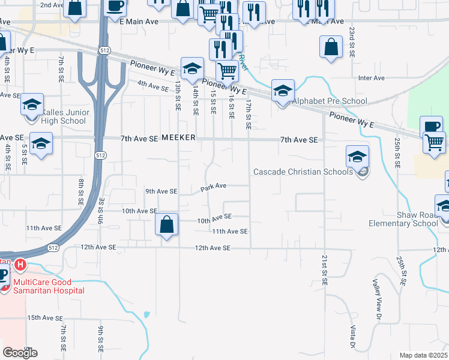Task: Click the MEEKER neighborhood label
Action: pos(178,137)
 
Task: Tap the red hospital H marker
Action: pos(20,264)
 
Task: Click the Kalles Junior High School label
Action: pos(65,116)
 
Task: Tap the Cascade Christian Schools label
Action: pos(303,172)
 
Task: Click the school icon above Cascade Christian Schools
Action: pos(357,157)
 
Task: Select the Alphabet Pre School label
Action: pos(329,101)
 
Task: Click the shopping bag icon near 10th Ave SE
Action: pos(166,225)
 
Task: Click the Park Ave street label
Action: pos(213,187)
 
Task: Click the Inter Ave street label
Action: pos(371,78)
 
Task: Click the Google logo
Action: pos(20,353)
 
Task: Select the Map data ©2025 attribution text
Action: pos(424,355)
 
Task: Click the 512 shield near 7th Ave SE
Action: pos(100,155)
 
